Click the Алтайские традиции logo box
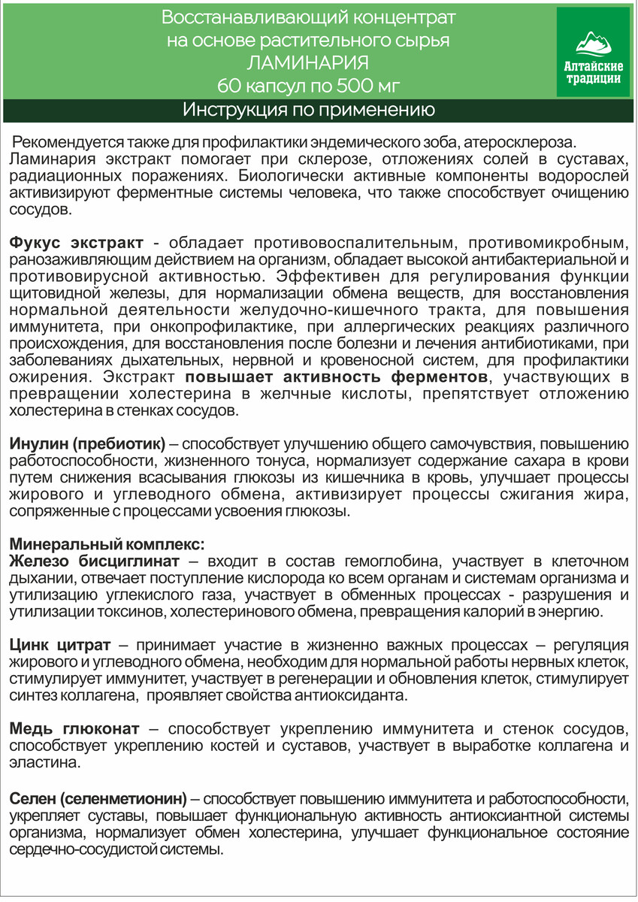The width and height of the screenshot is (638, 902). tap(593, 52)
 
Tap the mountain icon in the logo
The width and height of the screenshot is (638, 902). tap(593, 41)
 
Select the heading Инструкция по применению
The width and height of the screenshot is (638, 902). tap(309, 111)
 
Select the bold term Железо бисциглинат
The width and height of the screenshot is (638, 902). tap(94, 561)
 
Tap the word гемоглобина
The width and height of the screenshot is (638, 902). tap(401, 561)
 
